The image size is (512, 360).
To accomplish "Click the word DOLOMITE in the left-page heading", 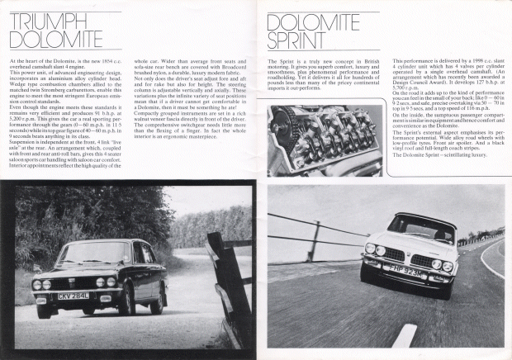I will pyautogui.click(x=45, y=37).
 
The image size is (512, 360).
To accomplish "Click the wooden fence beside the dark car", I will pyautogui.click(x=227, y=281).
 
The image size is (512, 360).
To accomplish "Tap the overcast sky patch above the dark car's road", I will pyautogui.click(x=206, y=202).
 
